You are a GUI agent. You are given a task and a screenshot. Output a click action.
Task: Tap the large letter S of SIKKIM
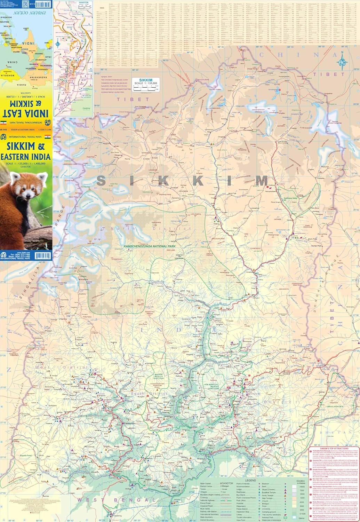pyautogui.click(x=102, y=181)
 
